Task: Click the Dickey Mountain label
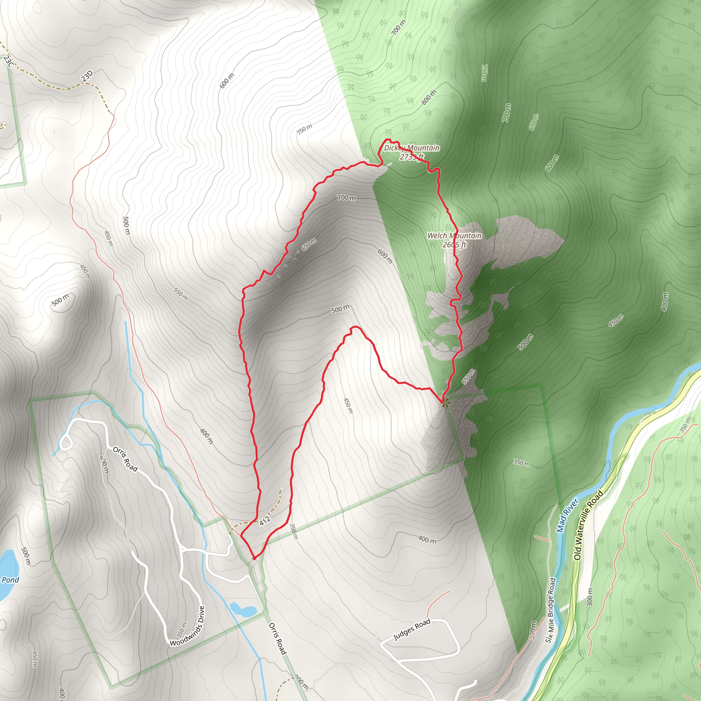[411, 148]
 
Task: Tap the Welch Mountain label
[454, 235]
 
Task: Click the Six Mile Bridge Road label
[551, 610]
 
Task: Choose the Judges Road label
[412, 629]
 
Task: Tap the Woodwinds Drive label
[188, 626]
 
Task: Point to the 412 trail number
[265, 521]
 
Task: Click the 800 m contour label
[429, 98]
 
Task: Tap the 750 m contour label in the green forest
[484, 73]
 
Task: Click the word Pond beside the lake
[10, 579]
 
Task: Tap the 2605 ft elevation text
[454, 245]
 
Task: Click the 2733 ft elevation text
[411, 157]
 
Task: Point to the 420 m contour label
[104, 464]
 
